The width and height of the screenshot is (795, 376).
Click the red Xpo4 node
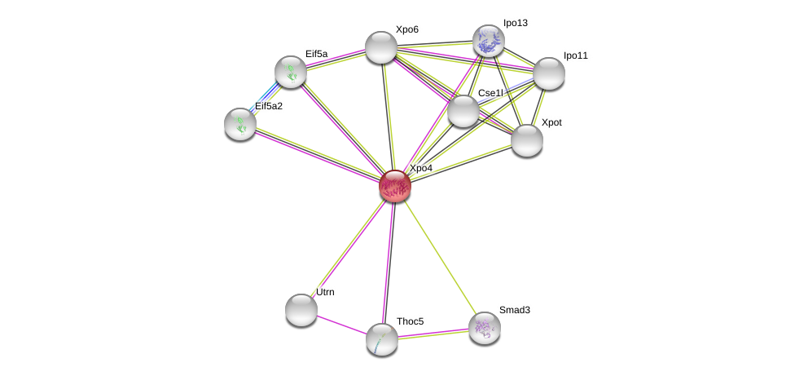395,186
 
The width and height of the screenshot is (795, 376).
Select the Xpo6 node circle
381,47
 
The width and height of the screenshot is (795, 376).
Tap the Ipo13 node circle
489,41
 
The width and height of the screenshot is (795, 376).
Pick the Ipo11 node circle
549,73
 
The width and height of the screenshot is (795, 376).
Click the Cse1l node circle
463,111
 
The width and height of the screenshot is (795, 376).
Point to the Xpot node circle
527,140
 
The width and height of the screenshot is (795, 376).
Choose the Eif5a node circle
291,72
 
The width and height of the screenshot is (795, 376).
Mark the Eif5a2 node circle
240,124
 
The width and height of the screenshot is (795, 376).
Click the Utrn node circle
301,310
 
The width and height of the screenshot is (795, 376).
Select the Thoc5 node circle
382,339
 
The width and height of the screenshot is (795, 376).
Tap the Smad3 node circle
485,328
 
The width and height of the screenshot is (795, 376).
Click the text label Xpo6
406,29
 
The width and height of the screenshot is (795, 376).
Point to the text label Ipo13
515,23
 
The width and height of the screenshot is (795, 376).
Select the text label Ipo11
575,55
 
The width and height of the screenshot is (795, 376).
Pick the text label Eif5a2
269,106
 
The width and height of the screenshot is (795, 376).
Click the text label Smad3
514,310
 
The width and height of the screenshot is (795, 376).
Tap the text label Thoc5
410,321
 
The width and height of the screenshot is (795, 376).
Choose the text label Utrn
325,292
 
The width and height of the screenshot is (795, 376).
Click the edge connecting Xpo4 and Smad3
440,257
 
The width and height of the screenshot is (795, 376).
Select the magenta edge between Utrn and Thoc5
341,325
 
